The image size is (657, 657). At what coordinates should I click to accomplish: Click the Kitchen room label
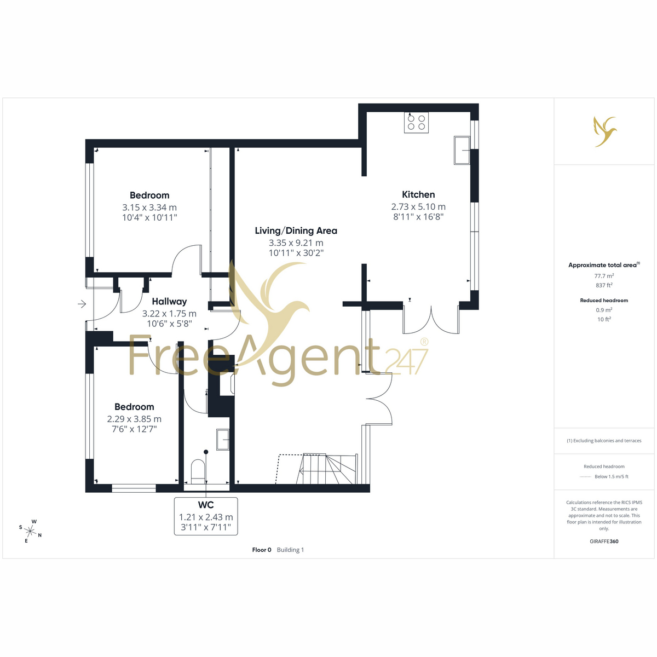tap(418, 194)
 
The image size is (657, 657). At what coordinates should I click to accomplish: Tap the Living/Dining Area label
tap(296, 231)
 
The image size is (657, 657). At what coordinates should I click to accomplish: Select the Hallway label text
tap(169, 301)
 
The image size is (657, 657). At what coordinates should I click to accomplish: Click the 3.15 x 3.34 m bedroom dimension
tap(149, 208)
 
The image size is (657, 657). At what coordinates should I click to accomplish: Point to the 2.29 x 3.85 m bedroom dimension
tap(134, 419)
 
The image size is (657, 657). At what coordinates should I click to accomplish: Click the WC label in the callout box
tap(206, 505)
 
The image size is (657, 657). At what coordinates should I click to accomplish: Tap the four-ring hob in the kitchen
tap(416, 123)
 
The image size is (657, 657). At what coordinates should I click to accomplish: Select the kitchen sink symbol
tap(462, 151)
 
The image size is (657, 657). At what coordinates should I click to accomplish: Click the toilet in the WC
tap(198, 472)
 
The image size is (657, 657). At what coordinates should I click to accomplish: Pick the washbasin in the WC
tap(223, 439)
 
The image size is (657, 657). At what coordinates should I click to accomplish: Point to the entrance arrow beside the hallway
tap(82, 304)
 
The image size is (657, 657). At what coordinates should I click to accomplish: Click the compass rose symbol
tap(30, 531)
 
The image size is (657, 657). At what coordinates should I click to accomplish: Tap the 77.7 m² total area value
tap(604, 275)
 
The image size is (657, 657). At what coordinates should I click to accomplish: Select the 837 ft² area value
tap(604, 285)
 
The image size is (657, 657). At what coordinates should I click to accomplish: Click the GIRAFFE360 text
tap(604, 541)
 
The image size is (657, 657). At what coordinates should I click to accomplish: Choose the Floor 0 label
tap(262, 550)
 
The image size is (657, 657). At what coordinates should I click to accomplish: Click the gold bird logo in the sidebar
tap(605, 131)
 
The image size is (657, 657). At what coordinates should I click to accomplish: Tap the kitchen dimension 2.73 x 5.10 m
tap(418, 206)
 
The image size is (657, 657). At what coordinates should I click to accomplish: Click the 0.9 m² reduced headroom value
tap(604, 310)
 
